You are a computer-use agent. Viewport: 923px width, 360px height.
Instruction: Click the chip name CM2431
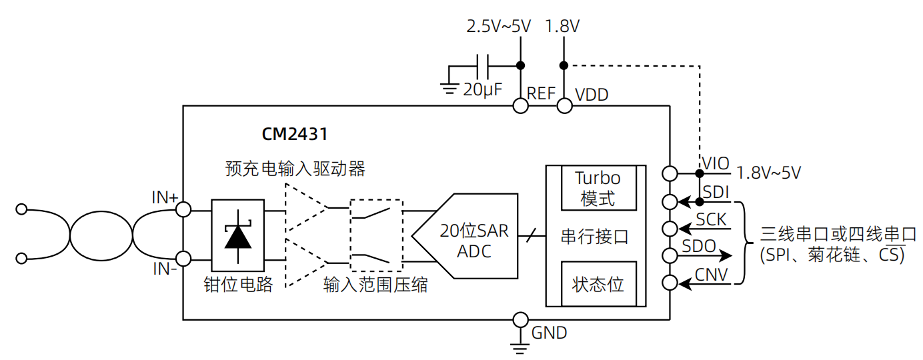coord(294,134)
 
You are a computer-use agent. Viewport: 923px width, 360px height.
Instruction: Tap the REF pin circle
coord(520,105)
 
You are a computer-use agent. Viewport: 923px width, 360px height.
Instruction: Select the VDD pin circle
coord(564,105)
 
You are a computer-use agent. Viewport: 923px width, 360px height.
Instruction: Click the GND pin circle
coord(520,319)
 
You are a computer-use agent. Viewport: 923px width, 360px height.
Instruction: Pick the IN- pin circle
coord(183,258)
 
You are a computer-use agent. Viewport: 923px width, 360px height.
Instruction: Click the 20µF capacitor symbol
coord(484,66)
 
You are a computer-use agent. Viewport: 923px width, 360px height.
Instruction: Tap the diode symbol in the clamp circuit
coord(238,234)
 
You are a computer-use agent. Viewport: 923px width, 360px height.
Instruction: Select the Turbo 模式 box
coord(598,188)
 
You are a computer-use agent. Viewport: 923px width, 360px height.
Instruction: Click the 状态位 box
coord(598,283)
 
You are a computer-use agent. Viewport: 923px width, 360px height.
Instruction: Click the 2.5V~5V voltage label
coord(498,27)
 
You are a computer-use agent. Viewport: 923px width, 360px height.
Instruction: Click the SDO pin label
coord(698,246)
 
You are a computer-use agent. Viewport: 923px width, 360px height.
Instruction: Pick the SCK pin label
coord(711,219)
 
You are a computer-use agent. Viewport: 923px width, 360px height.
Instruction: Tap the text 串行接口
coord(594,236)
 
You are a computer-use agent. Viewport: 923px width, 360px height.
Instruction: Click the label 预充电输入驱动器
coord(295,168)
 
